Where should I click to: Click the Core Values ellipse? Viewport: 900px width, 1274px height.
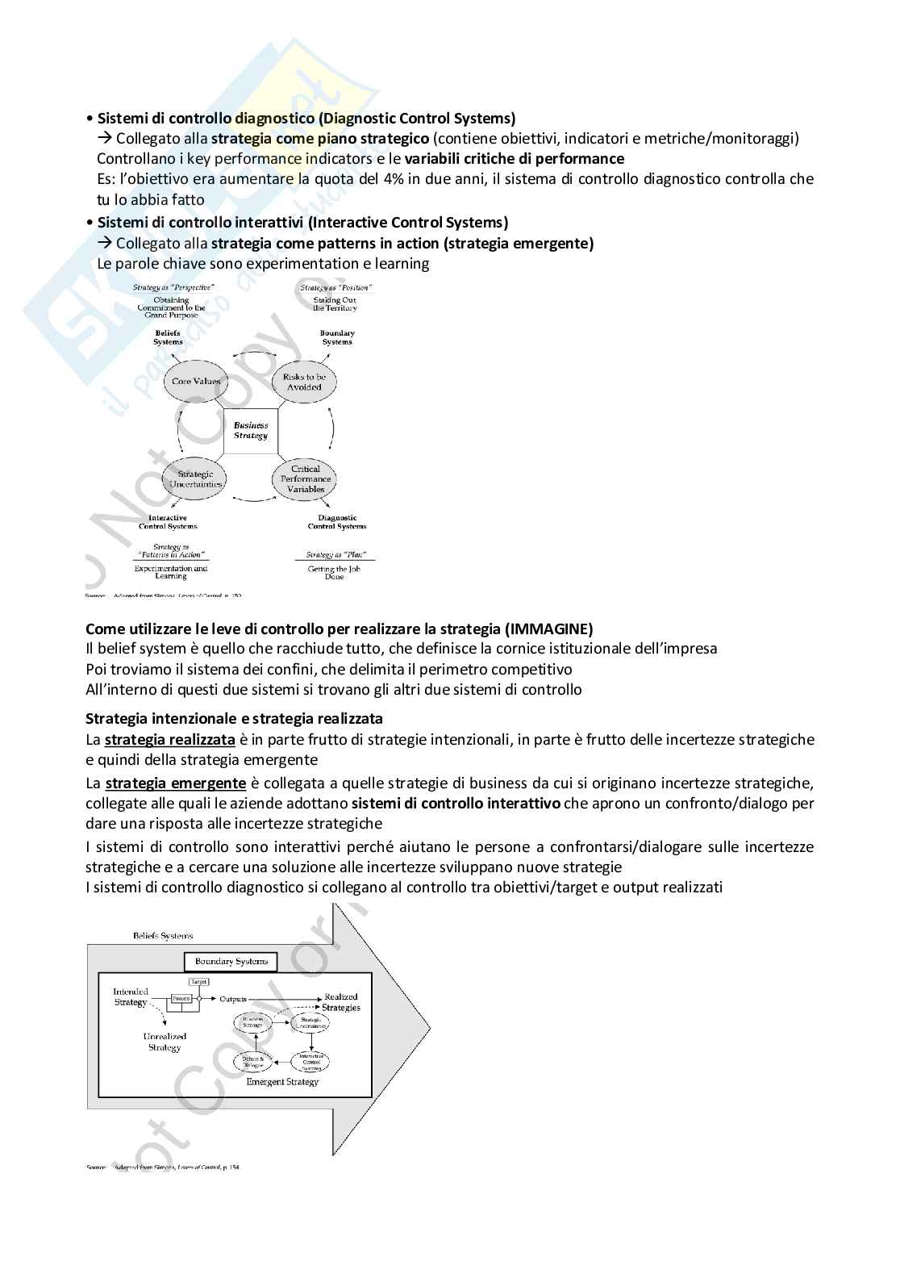195,381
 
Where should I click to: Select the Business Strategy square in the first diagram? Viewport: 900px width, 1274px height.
251,430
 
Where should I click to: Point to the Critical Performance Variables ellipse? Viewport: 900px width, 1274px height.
306,479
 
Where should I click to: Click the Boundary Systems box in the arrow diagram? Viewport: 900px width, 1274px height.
231,961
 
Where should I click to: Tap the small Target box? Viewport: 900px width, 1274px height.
198,982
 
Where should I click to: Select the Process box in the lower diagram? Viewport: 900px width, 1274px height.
181,999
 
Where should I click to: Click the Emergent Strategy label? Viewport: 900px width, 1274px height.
282,1082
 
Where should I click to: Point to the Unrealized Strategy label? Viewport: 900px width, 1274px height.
165,1042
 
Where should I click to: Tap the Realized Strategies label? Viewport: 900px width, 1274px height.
341,1001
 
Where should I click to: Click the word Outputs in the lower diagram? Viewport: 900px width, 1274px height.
233,999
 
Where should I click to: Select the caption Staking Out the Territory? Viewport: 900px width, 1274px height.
335,303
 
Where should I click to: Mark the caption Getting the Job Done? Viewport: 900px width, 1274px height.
334,573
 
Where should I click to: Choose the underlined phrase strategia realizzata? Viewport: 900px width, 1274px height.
170,740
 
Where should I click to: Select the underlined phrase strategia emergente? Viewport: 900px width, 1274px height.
175,783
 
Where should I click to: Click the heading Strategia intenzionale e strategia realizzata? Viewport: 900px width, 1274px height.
234,718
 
